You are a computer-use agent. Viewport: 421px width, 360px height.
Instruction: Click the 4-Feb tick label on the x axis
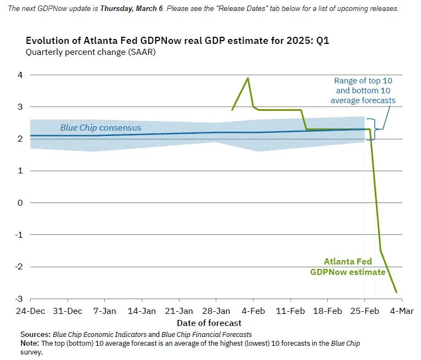[253, 311]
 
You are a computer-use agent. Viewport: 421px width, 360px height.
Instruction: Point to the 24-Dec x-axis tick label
[30, 311]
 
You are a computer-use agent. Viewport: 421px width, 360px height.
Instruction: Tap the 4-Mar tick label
[402, 311]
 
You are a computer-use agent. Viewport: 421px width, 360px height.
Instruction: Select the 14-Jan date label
[142, 311]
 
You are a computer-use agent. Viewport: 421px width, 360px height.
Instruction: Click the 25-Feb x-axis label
[364, 311]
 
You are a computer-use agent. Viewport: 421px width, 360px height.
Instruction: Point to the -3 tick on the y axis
[19, 299]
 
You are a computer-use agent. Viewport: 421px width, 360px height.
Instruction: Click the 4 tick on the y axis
[20, 75]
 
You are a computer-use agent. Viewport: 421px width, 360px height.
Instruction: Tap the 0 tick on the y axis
[20, 203]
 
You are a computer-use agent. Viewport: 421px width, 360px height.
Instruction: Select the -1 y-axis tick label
[19, 235]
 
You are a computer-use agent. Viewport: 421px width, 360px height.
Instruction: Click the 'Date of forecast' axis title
[209, 322]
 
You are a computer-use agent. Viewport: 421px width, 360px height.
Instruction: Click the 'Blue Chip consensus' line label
[100, 128]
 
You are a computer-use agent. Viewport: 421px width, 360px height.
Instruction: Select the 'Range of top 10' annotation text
[363, 81]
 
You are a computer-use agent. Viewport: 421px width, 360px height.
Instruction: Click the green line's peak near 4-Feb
[248, 78]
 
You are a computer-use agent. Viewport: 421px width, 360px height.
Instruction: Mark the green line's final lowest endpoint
[396, 292]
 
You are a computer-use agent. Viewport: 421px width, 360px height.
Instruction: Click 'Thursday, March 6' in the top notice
[133, 9]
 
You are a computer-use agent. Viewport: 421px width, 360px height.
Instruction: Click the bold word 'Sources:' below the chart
[36, 334]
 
